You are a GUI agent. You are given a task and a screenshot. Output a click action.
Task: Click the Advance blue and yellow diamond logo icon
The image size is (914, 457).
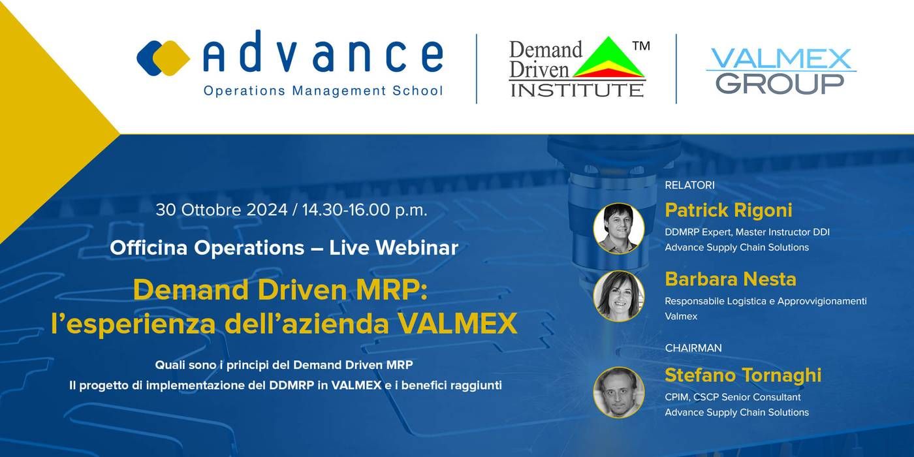click(x=163, y=58)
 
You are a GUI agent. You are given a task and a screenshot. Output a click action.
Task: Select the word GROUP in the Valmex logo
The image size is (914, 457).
click(x=780, y=84)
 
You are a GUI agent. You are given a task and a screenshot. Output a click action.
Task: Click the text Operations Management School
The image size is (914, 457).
click(x=323, y=91)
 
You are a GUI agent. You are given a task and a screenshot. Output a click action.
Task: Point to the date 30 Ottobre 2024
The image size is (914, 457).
click(x=221, y=210)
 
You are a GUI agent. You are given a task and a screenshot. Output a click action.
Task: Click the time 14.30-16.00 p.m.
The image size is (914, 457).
click(x=365, y=210)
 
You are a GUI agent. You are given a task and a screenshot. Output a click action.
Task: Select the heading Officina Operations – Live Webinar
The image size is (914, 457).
click(x=284, y=247)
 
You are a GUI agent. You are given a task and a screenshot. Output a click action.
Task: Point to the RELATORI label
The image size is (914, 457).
click(x=689, y=185)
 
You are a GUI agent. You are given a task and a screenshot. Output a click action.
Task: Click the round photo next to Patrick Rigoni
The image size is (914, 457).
click(x=619, y=228)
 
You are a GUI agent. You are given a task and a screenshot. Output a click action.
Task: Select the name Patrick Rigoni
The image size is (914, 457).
click(x=729, y=210)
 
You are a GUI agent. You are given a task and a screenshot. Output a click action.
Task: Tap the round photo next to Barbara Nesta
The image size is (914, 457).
click(x=619, y=296)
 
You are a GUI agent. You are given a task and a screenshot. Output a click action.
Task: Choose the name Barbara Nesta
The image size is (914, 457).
click(x=731, y=279)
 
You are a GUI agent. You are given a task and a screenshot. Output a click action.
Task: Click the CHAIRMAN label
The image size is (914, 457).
click(x=693, y=348)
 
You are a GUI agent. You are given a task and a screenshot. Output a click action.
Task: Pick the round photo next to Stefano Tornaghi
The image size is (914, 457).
click(x=619, y=392)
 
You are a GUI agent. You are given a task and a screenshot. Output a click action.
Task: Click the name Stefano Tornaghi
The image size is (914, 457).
click(x=743, y=375)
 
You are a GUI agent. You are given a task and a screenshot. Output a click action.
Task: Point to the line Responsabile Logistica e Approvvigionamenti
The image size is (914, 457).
click(x=765, y=302)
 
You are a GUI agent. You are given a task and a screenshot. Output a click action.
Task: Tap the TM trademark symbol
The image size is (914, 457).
click(x=641, y=46)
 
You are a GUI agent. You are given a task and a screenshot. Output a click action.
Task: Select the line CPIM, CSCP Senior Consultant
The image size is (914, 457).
click(x=733, y=397)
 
